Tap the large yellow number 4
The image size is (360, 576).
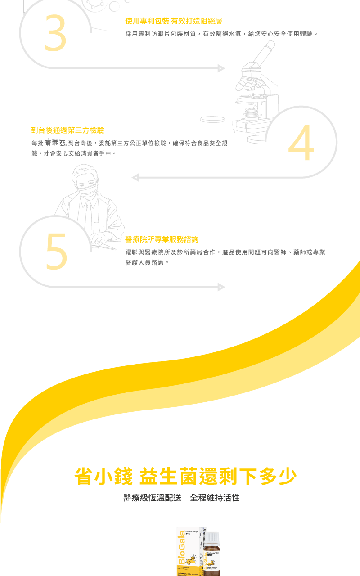pyautogui.click(x=301, y=144)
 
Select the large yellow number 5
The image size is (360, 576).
pyautogui.click(x=56, y=252)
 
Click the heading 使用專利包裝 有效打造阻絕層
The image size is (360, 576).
pyautogui.click(x=173, y=21)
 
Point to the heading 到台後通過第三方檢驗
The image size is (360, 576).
pyautogui.click(x=67, y=130)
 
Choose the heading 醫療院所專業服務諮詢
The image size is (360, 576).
pyautogui.click(x=162, y=239)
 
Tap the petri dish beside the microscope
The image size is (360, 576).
pyautogui.click(x=212, y=119)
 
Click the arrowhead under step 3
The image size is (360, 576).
pyautogui.click(x=221, y=68)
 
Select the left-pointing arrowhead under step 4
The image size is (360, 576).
pyautogui.click(x=135, y=178)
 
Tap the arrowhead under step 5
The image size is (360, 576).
pyautogui.click(x=221, y=287)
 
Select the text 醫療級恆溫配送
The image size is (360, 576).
pyautogui.click(x=152, y=498)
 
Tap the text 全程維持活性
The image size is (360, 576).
pyautogui.click(x=215, y=498)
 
